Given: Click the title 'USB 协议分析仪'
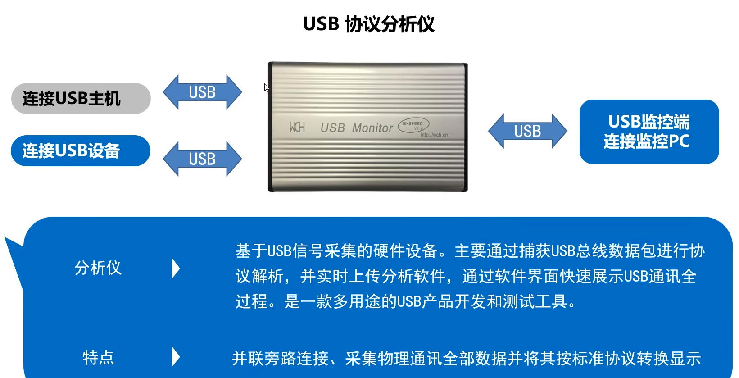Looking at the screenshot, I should click(368, 24).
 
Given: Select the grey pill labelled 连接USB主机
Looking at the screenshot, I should click(81, 98).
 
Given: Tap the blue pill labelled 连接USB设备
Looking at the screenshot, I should click(80, 150).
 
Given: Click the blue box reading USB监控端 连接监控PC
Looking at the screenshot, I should click(649, 132).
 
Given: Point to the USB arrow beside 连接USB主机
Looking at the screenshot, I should click(202, 92).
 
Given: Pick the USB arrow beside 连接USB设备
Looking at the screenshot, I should click(202, 159).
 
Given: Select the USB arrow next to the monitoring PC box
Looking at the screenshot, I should click(527, 131).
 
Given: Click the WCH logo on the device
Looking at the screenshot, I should click(297, 128).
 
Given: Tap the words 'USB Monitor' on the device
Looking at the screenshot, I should click(356, 128).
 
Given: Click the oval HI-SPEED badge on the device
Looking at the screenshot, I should click(413, 125).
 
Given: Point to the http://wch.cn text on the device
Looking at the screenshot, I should click(434, 135).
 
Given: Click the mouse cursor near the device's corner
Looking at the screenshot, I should click(267, 87).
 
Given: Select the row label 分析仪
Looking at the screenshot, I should click(98, 268).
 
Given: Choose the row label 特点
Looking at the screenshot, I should click(98, 357).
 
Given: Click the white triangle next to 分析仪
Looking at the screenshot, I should click(176, 268).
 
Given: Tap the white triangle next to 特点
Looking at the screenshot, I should click(176, 357).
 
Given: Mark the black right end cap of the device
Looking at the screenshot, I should click(466, 128).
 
